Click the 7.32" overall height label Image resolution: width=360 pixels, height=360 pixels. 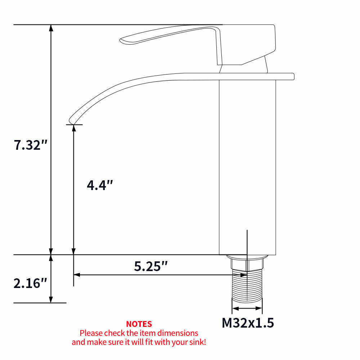pyautogui.click(x=31, y=145)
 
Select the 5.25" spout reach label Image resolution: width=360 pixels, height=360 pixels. pyautogui.click(x=151, y=266)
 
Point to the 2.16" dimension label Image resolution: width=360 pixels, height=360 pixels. pyautogui.click(x=31, y=283)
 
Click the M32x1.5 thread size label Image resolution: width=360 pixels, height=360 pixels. pyautogui.click(x=248, y=323)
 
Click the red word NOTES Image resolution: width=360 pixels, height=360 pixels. pyautogui.click(x=139, y=324)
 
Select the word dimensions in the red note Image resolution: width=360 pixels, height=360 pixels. pyautogui.click(x=179, y=333)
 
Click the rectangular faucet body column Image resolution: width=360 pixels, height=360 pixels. pyautogui.click(x=247, y=162)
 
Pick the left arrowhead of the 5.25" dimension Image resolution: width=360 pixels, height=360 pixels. pyautogui.click(x=76, y=275)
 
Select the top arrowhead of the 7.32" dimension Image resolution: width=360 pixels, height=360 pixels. pyautogui.click(x=51, y=28)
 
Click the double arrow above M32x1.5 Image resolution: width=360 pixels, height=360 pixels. pyautogui.click(x=247, y=308)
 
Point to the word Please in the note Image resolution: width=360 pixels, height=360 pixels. pyautogui.click(x=91, y=333)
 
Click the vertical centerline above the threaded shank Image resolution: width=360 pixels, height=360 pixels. pyautogui.click(x=247, y=241)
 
